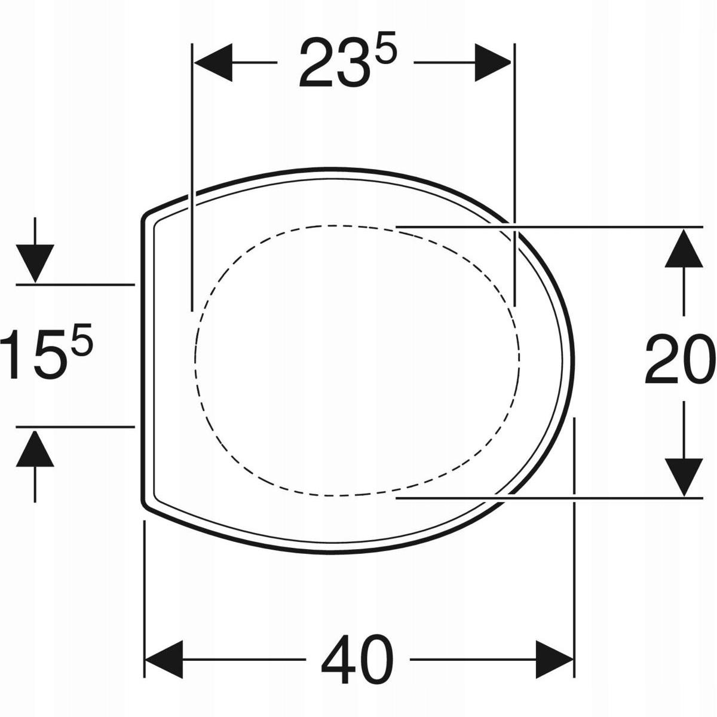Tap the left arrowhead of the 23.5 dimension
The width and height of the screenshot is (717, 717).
click(213, 63)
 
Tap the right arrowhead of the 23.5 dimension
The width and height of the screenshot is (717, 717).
click(492, 63)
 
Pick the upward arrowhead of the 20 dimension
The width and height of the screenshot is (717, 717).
click(684, 249)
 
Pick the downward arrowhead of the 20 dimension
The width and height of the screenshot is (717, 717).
click(684, 477)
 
